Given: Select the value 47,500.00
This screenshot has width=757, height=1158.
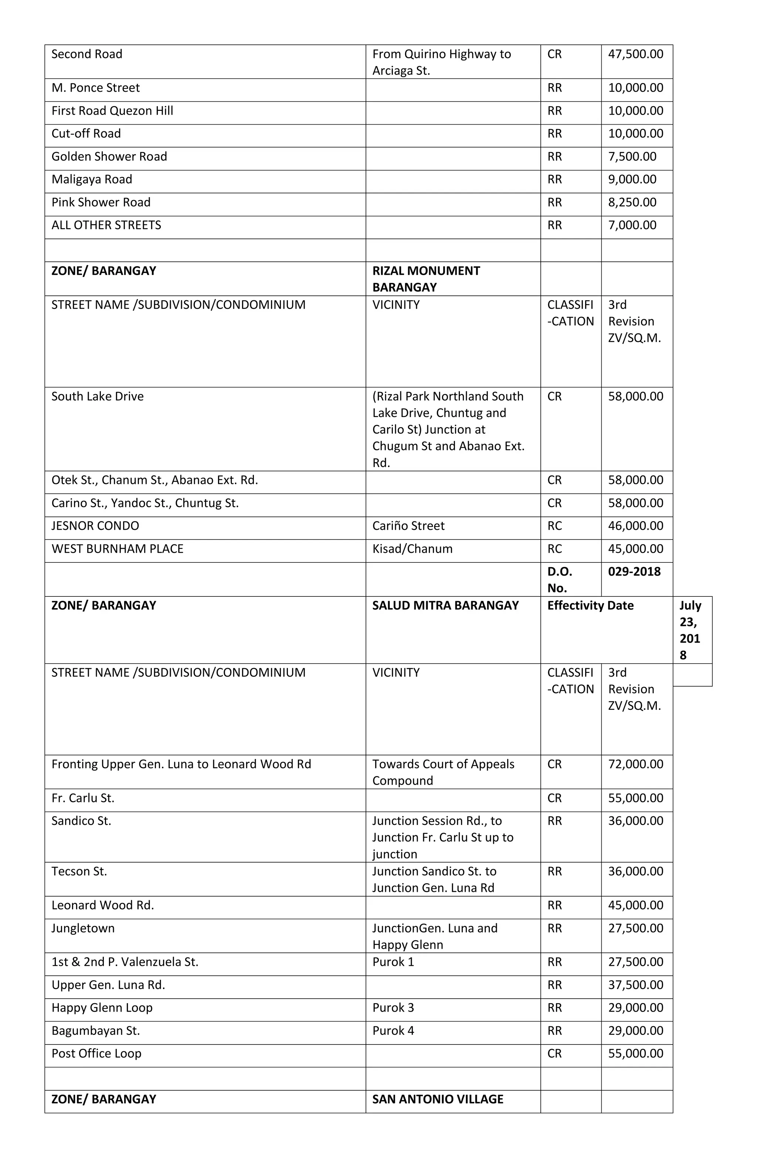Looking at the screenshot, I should click(635, 54).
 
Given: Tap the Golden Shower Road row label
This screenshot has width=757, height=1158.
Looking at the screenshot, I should click(109, 157).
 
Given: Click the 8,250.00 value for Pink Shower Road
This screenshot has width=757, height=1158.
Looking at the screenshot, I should click(632, 202).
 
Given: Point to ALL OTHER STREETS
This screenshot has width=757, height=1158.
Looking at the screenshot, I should click(106, 225).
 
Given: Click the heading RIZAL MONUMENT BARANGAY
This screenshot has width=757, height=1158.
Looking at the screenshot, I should click(426, 279).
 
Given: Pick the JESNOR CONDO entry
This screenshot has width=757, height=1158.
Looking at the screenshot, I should click(95, 526).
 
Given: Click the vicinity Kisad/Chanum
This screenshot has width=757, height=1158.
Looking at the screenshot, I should click(412, 549).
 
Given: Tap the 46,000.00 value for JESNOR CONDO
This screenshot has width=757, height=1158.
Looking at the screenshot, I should click(635, 526).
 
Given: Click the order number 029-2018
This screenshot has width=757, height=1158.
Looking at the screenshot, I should click(634, 572).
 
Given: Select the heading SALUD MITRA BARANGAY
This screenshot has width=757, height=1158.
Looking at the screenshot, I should click(445, 606).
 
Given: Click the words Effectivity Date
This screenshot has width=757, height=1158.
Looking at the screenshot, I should click(590, 606).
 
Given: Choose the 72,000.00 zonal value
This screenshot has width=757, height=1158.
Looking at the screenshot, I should click(635, 764).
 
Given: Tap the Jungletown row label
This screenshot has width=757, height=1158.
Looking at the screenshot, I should click(83, 928).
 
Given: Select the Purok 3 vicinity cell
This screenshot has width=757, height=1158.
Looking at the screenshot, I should click(393, 1008).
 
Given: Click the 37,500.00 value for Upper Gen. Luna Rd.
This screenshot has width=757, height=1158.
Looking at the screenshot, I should click(635, 985).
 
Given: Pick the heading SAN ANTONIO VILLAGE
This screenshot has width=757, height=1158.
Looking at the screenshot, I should click(437, 1100).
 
